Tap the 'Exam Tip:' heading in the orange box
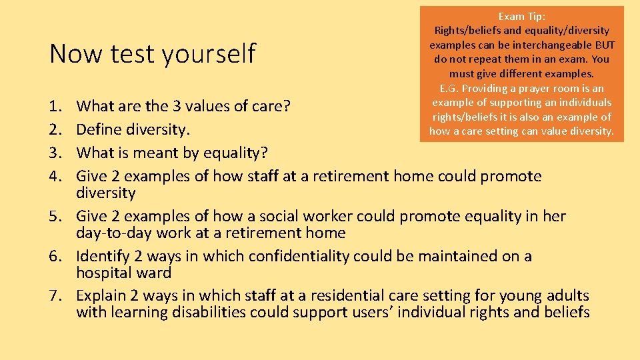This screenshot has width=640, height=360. pos(521,16)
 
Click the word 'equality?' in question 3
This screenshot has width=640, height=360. pos(236,153)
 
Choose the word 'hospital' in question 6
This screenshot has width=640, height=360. pos(105,273)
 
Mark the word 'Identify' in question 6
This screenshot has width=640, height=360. pos(104,256)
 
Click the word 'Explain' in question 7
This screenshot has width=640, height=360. pos(103,295)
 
